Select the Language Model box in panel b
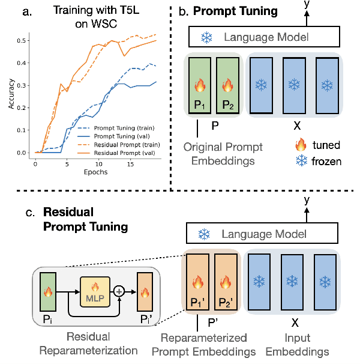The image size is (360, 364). pyautogui.click(x=259, y=37)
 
